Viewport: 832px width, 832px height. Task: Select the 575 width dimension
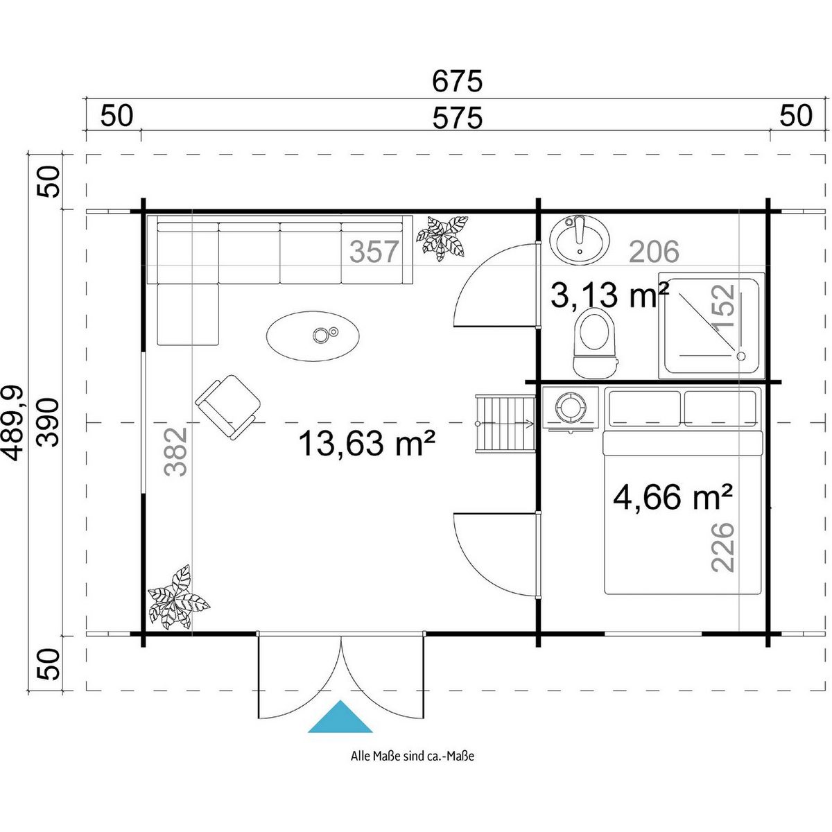click(457, 119)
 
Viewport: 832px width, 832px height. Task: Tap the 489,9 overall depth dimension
click(15, 424)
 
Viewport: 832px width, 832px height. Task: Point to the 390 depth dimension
click(48, 422)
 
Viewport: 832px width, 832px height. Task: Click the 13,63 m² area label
click(367, 444)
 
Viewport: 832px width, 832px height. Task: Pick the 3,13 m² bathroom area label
click(609, 295)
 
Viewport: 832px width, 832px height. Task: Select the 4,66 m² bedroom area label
click(673, 497)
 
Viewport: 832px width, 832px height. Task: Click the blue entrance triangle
click(340, 716)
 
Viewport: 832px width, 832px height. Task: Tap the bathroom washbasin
click(580, 239)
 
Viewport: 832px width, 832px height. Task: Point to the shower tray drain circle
click(741, 356)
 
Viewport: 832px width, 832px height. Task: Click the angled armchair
click(227, 408)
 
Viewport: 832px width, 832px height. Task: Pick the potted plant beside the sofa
click(442, 238)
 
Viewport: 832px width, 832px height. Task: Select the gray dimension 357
click(374, 252)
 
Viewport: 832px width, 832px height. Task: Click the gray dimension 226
click(722, 548)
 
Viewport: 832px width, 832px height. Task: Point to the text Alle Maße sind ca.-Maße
click(413, 768)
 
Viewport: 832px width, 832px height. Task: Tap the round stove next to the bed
click(570, 407)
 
